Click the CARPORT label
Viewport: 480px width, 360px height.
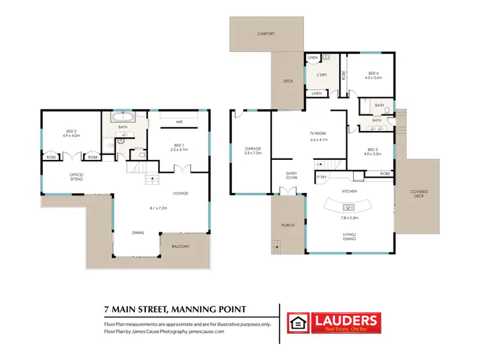(266, 33)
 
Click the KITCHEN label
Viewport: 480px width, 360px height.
(349, 191)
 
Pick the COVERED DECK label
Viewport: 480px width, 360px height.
(419, 194)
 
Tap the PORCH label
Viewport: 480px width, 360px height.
(288, 225)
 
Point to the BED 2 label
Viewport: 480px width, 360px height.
(70, 132)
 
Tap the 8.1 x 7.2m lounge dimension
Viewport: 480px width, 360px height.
(157, 207)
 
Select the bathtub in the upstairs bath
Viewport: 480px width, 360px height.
(122, 118)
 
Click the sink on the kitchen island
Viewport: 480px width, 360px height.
(349, 206)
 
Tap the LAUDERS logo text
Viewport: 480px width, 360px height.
(344, 319)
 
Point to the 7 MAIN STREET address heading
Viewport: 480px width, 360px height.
(175, 310)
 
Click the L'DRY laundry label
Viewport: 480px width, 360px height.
(321, 75)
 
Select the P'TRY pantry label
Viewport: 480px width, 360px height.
(321, 177)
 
